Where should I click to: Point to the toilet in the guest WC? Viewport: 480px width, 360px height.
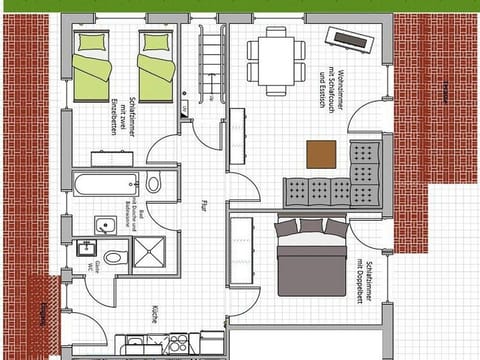pyautogui.click(x=113, y=257)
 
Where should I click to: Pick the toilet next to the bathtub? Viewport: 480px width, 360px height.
pyautogui.click(x=154, y=183)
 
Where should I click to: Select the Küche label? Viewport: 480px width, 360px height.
pyautogui.click(x=155, y=312)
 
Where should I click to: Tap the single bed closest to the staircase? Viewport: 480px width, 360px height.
pyautogui.click(x=155, y=68)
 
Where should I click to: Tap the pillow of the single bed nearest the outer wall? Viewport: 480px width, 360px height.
pyautogui.click(x=93, y=42)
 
